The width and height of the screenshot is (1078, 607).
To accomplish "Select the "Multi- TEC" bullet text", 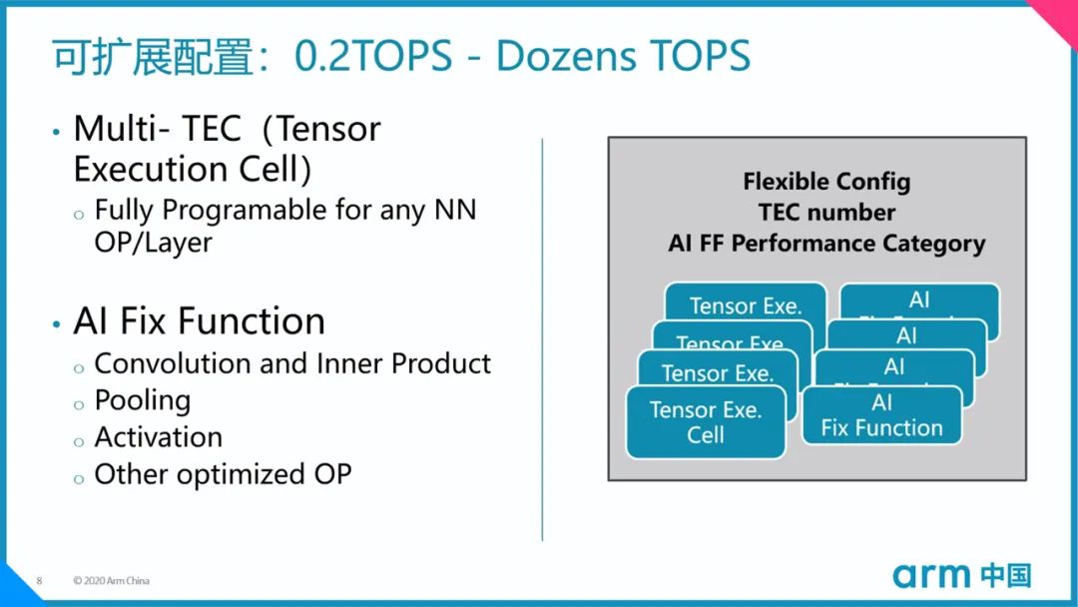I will [158, 129].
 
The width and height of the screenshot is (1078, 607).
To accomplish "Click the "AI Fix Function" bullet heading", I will [200, 321].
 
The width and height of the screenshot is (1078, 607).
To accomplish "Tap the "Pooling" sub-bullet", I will [142, 400].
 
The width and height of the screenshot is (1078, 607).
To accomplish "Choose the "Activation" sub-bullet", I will [158, 437].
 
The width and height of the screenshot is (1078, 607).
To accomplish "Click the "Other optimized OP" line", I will [223, 474].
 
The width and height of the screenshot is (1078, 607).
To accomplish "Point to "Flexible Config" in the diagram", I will [826, 182].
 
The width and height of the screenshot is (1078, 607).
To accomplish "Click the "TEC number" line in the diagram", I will [826, 212].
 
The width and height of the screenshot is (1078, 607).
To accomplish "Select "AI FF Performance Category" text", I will [826, 243].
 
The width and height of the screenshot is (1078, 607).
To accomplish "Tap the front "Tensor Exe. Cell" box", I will [706, 422].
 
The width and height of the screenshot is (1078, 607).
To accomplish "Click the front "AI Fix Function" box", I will [881, 415].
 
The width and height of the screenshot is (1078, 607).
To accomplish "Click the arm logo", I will [931, 575].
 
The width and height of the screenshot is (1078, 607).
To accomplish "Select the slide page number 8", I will [39, 580].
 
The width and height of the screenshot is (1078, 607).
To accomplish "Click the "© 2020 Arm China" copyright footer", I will [111, 580].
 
